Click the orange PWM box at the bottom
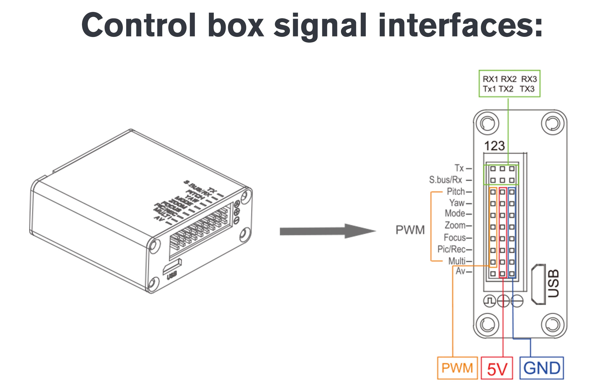(x=457, y=368)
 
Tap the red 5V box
(x=497, y=368)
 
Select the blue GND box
(x=541, y=368)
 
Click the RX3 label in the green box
(x=529, y=79)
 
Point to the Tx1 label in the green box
(x=489, y=89)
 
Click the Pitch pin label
(x=456, y=191)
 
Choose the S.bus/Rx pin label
(x=445, y=180)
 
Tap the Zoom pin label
(x=455, y=225)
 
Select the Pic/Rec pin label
(x=451, y=249)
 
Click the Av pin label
(x=460, y=271)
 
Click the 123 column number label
(x=494, y=146)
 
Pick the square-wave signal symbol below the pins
(x=489, y=301)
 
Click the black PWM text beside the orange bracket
(x=410, y=230)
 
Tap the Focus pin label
(x=455, y=237)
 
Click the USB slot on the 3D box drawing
(x=172, y=266)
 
